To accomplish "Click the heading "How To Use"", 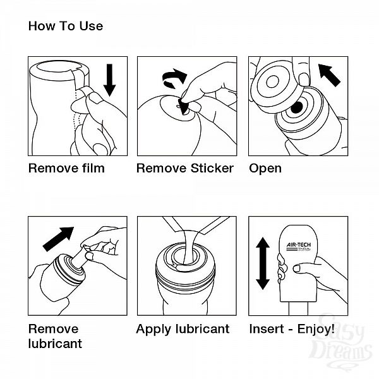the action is tap(66, 26).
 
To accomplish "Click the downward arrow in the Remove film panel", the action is tap(109, 80).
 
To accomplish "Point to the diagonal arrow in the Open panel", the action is tap(329, 75).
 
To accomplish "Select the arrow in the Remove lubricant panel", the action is tap(58, 239).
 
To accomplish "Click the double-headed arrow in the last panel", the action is tap(263, 263).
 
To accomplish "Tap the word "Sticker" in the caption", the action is tap(212, 168).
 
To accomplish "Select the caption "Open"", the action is tap(265, 169).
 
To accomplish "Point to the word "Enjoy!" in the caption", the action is tap(316, 329).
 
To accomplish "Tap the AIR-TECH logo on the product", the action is tap(299, 246).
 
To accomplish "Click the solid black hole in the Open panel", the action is tap(297, 107).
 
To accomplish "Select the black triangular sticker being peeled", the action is tap(183, 106).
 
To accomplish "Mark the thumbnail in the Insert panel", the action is tap(297, 268).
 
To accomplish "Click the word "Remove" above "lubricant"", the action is tap(54, 328).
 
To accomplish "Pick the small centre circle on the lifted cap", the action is tap(272, 81).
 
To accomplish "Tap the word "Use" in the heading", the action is tap(91, 26).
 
